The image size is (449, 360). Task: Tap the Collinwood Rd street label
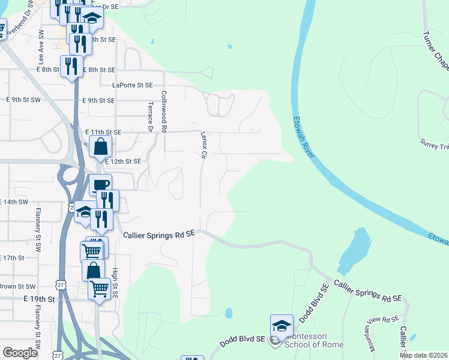163,112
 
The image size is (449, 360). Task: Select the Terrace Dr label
150,116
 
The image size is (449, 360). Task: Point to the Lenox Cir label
203,146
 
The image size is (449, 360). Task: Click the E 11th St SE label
103,131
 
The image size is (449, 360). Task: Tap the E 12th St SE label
122,161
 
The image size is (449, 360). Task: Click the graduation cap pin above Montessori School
282,326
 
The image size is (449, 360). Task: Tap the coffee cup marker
101,185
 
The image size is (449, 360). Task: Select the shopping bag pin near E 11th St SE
101,146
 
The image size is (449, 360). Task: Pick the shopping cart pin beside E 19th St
99,289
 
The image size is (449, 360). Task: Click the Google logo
20,352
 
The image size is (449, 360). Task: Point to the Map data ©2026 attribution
424,355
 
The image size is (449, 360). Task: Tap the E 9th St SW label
23,100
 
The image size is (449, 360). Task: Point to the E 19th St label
39,298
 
